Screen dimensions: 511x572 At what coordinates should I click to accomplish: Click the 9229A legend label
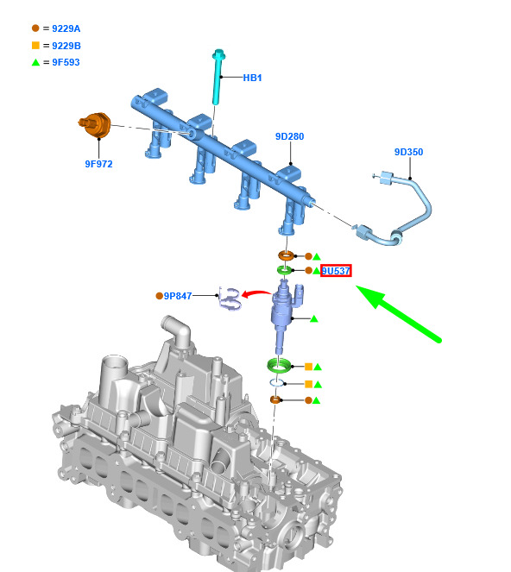(66, 28)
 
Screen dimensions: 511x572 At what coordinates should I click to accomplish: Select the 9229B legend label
(66, 46)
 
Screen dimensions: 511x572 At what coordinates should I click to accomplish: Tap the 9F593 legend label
(66, 62)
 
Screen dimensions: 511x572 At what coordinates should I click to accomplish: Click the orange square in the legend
(35, 45)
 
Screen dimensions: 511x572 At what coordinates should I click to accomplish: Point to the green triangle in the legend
(35, 62)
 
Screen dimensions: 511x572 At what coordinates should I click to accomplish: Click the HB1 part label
(252, 78)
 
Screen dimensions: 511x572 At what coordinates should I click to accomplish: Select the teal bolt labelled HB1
(218, 77)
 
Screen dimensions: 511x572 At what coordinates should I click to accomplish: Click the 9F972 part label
(99, 164)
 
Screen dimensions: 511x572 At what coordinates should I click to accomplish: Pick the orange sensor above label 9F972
(95, 125)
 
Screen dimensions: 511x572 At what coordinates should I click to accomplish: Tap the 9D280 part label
(289, 136)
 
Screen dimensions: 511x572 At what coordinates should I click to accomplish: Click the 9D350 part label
(409, 152)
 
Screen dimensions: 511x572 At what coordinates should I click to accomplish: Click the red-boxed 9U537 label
(336, 271)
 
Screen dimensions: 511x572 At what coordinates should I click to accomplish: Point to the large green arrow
(399, 314)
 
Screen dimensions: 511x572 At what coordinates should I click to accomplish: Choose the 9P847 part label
(178, 296)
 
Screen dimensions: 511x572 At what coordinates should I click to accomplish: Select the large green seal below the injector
(279, 366)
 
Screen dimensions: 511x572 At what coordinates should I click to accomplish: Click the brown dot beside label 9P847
(159, 296)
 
